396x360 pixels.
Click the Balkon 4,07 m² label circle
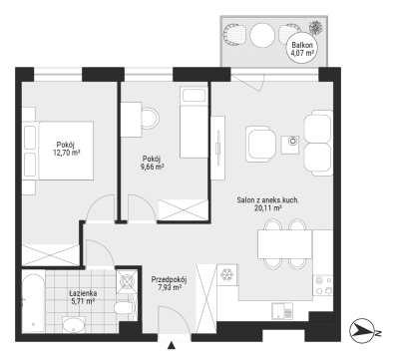[302, 48]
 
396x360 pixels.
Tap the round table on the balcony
[262, 34]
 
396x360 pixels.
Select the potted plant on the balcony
[315, 27]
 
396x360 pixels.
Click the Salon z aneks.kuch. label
[268, 200]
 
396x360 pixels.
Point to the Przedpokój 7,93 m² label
[169, 283]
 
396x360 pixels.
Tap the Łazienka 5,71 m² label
[83, 297]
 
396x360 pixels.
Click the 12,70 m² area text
[67, 153]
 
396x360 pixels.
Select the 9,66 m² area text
[152, 167]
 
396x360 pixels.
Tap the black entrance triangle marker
[172, 346]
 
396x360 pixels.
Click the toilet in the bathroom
[125, 308]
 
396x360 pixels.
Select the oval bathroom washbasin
[74, 324]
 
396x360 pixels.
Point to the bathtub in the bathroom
[33, 302]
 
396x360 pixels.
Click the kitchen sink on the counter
[282, 311]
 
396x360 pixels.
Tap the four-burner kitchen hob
[323, 285]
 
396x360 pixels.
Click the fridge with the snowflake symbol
[227, 274]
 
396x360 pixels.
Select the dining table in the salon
[284, 244]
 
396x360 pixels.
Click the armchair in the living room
[261, 144]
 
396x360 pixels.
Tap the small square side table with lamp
[290, 145]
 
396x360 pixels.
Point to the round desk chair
[151, 119]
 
